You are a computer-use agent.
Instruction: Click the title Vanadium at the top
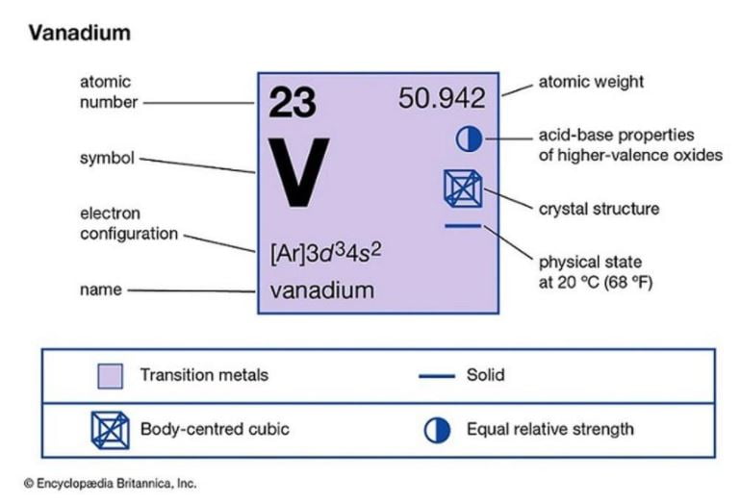click(79, 33)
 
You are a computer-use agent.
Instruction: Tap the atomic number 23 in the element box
click(293, 102)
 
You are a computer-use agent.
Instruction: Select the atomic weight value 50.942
click(442, 98)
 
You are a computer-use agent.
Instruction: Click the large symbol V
click(298, 172)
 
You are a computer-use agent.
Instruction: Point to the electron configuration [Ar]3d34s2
click(325, 253)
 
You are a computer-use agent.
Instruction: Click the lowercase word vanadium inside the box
click(322, 290)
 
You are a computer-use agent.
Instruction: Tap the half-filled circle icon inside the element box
click(469, 139)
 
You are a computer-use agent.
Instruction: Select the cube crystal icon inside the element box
click(463, 189)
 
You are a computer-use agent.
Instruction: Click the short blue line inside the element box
click(463, 226)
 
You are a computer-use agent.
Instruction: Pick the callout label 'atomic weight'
click(591, 82)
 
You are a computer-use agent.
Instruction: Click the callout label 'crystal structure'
click(599, 209)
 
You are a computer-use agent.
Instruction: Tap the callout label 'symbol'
click(107, 158)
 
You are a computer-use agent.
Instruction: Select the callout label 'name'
click(100, 289)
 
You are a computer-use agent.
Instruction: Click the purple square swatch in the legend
click(110, 376)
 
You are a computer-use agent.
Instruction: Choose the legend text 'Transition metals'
click(204, 375)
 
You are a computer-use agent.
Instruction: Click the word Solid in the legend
click(486, 375)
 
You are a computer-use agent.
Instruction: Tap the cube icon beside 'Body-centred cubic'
click(110, 430)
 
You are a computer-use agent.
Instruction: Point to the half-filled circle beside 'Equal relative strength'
click(437, 430)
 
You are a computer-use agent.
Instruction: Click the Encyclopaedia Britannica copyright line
click(110, 484)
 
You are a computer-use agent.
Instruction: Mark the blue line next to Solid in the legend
click(437, 376)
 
